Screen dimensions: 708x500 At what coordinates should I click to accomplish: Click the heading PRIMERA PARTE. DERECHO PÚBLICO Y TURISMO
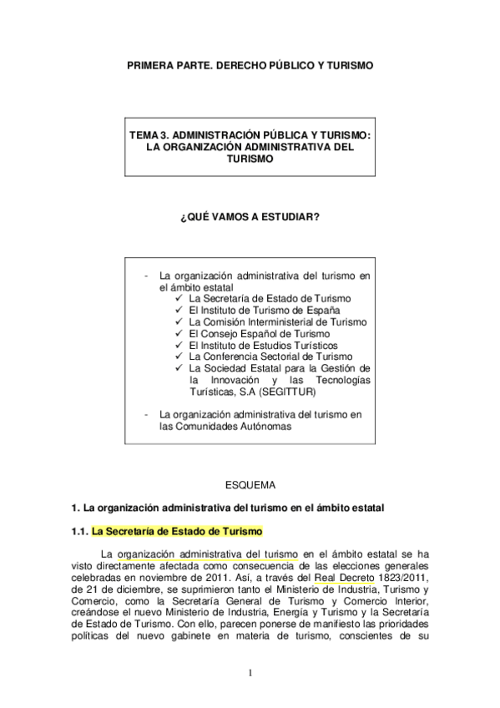pyautogui.click(x=250, y=63)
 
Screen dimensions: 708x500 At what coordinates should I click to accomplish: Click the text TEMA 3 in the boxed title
pyautogui.click(x=151, y=134)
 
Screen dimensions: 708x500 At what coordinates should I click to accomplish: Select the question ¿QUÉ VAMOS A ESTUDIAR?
pyautogui.click(x=250, y=217)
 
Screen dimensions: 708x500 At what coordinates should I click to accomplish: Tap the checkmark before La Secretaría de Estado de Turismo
pyautogui.click(x=180, y=298)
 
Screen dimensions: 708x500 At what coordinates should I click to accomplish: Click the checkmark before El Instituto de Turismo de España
pyautogui.click(x=180, y=310)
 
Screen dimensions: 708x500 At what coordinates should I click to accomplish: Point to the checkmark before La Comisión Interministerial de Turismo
pyautogui.click(x=180, y=321)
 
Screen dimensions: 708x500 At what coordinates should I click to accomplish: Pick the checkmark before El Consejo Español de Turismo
pyautogui.click(x=180, y=333)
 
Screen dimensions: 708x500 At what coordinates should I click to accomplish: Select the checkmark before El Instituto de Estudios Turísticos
pyautogui.click(x=180, y=345)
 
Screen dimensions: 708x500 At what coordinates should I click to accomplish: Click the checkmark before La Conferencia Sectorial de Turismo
pyautogui.click(x=180, y=357)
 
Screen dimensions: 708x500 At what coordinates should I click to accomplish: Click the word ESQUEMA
pyautogui.click(x=250, y=483)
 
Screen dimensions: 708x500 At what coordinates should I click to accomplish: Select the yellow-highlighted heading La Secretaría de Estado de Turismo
pyautogui.click(x=177, y=531)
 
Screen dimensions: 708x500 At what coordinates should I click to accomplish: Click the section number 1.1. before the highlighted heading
pyautogui.click(x=79, y=531)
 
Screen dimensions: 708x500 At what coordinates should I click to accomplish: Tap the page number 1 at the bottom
pyautogui.click(x=250, y=673)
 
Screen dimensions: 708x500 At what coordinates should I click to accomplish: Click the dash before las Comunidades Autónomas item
pyautogui.click(x=146, y=414)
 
